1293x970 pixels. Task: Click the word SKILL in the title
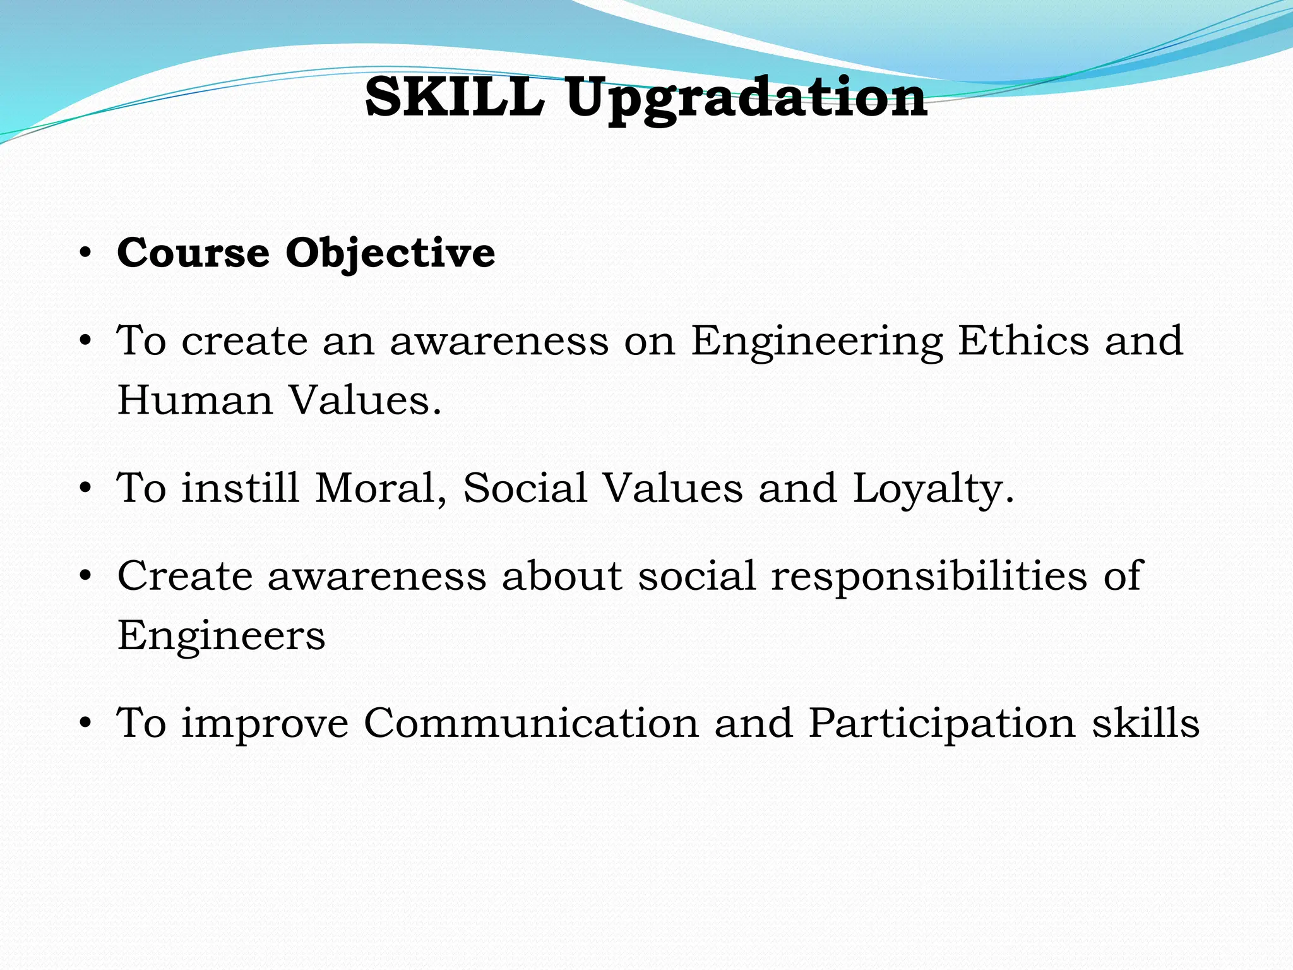pos(455,97)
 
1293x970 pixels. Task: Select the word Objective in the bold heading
pos(390,254)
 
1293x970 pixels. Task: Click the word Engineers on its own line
pos(221,635)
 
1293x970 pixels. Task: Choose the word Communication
pos(531,723)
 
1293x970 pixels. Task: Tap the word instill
pos(240,488)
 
